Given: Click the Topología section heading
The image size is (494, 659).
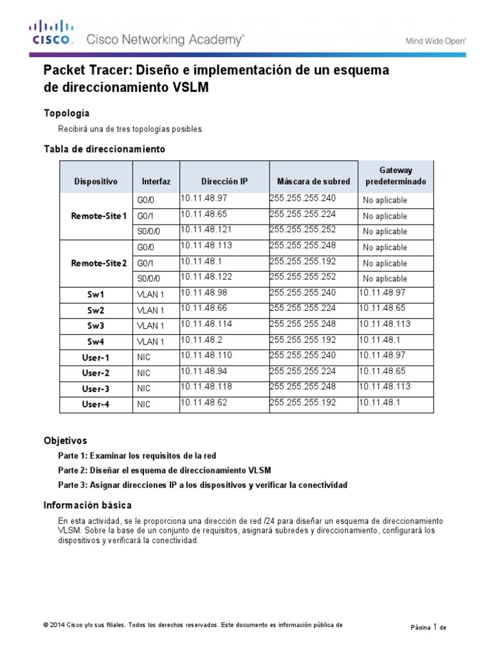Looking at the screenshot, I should pos(71,113).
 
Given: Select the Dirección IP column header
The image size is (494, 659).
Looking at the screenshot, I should pos(224,182).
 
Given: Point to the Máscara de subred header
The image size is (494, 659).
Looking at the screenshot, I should pos(313,182).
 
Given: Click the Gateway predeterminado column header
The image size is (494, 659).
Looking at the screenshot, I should pos(395,176).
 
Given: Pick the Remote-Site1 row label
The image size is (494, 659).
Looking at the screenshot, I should pos(99,216).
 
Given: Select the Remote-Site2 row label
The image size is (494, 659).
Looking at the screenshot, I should pos(99,263).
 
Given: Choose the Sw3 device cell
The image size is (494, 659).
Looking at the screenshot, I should pos(96,326).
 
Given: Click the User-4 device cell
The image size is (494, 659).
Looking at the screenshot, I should pos(96,404).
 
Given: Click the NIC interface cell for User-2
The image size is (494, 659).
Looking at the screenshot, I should pos(144,373).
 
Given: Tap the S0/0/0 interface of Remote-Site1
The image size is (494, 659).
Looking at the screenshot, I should pos(147,232).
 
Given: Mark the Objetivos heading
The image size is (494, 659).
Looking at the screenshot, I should pos(64,441).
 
